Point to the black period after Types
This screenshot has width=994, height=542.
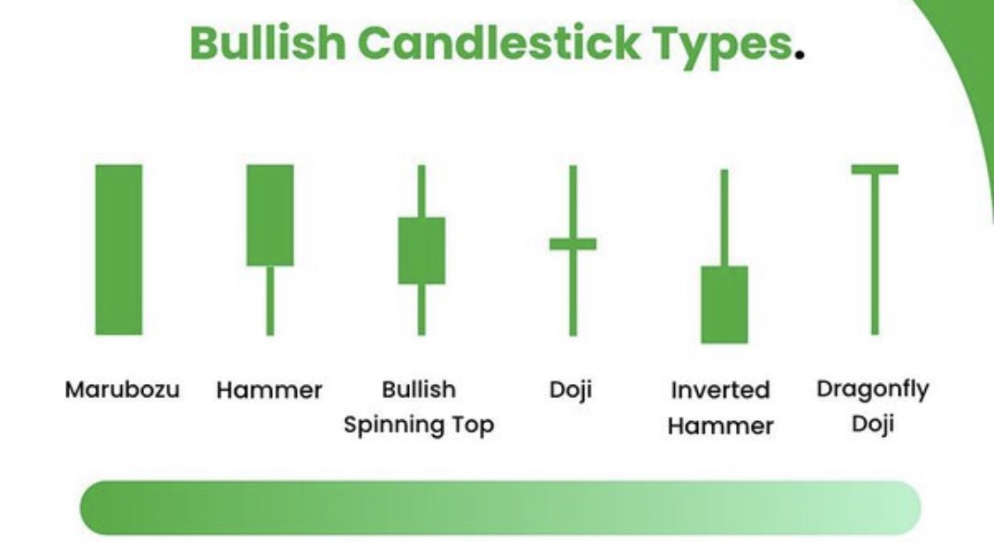click(x=800, y=55)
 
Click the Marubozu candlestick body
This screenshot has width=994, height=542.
click(x=118, y=250)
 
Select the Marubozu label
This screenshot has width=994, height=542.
click(x=123, y=389)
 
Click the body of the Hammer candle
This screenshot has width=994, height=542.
click(x=269, y=215)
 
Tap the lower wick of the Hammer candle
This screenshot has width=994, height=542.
click(x=269, y=300)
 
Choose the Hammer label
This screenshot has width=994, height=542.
click(x=269, y=389)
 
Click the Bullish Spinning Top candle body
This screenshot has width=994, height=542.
click(x=421, y=250)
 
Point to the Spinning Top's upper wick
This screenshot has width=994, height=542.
click(x=421, y=191)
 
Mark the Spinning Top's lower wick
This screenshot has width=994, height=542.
click(x=421, y=309)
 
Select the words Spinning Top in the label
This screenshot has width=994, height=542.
click(x=419, y=425)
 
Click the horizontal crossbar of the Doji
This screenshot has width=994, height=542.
click(x=573, y=244)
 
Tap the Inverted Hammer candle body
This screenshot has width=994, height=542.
click(x=724, y=304)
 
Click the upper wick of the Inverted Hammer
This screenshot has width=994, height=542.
click(x=724, y=217)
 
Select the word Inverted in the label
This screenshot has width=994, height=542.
click(x=720, y=389)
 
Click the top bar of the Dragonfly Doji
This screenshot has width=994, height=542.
click(x=875, y=169)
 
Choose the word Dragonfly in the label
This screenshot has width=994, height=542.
click(x=873, y=388)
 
